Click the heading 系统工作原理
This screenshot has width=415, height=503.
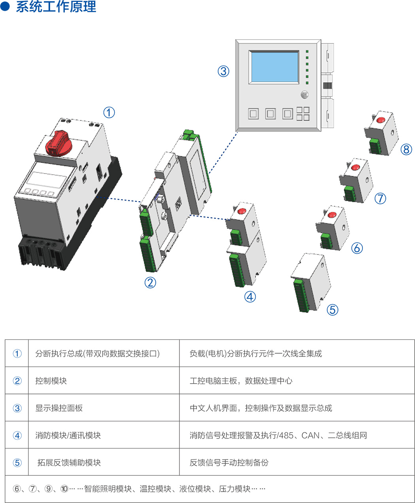55,7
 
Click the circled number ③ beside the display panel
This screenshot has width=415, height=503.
223,71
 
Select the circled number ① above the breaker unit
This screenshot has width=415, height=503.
109,112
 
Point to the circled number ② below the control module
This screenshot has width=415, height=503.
150,283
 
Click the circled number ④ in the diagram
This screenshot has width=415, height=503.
250,296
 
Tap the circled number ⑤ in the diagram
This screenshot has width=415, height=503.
332,309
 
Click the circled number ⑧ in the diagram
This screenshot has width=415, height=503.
406,149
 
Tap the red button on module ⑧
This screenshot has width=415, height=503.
381,120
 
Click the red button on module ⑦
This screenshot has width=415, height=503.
356,167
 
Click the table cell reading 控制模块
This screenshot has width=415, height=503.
51,381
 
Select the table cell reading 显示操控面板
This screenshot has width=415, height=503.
59,408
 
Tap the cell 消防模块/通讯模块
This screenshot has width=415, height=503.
68,435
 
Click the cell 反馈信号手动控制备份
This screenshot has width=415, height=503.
229,462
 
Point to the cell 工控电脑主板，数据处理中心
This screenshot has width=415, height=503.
241,381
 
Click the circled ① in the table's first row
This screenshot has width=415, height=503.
17,353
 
